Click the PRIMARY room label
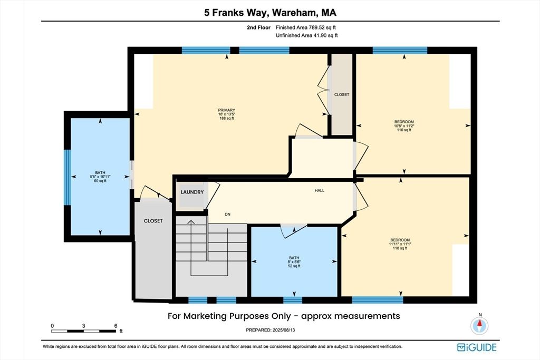point(227,110)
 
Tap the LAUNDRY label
point(192,192)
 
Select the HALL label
point(319,190)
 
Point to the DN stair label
point(227,215)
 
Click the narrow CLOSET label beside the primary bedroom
point(342,94)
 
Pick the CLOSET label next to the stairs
point(153,221)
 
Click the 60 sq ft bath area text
point(100,181)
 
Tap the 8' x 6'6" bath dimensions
point(294,262)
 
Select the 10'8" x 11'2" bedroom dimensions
point(404,126)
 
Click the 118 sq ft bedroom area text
point(400,248)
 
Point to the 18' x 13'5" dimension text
point(227,114)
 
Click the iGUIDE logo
point(477,347)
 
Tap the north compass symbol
point(479,324)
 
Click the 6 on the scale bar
point(115,326)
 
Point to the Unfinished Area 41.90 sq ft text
point(307,35)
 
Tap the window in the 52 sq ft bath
point(292,300)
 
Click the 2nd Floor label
point(258,27)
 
